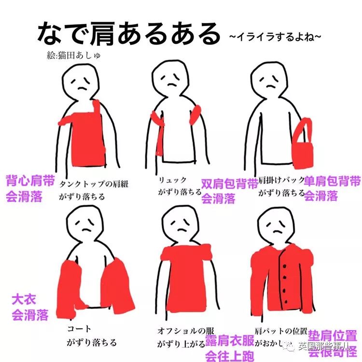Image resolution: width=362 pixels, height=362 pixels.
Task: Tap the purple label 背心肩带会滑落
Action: (x=30, y=189)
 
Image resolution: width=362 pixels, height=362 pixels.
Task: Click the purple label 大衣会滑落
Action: (x=30, y=307)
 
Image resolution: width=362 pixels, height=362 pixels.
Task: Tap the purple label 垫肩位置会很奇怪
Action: (x=333, y=343)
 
